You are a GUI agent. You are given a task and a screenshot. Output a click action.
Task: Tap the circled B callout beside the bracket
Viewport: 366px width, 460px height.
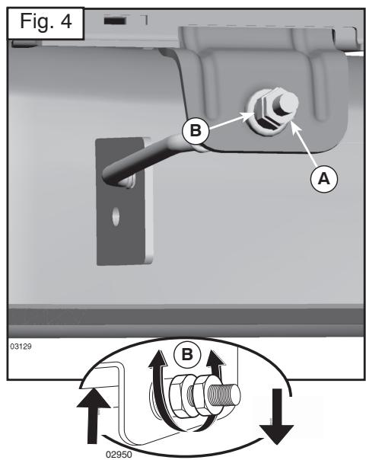196,130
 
